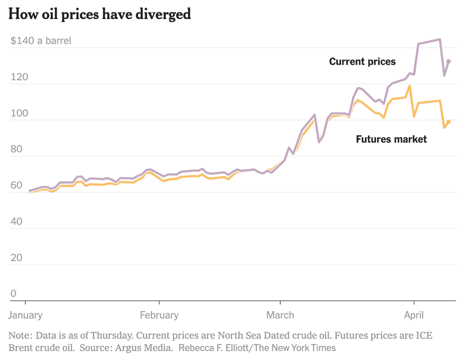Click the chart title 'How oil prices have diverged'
100,14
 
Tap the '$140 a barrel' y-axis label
41,41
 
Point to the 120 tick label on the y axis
19,77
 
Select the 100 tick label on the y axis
19,113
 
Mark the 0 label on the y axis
13,293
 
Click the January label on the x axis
25,315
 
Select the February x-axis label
159,315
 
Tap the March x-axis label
280,315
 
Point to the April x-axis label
414,315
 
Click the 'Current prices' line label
362,61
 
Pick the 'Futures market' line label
391,139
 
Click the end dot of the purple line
449,61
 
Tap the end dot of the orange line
449,122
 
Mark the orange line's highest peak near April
410,86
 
